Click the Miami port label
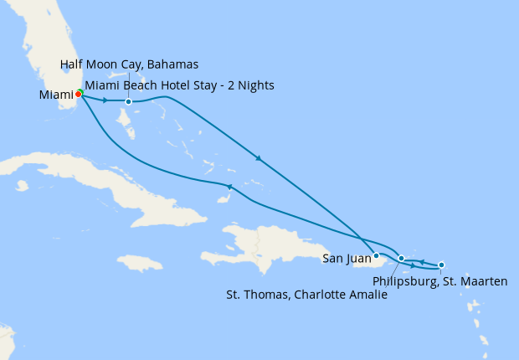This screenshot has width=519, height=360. [x=57, y=95]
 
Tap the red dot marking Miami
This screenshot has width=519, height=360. [x=78, y=94]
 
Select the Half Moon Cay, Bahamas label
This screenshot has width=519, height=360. [x=129, y=65]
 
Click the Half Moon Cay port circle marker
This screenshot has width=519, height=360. [x=128, y=102]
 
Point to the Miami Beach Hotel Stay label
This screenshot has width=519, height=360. [x=179, y=85]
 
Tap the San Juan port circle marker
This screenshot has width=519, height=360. [x=377, y=255]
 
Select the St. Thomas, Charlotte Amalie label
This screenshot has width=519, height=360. [x=307, y=295]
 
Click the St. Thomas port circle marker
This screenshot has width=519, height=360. [x=402, y=258]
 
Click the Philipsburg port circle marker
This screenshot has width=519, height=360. [x=441, y=265]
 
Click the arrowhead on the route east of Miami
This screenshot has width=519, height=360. [x=105, y=100]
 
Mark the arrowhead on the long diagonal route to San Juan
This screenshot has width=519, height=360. [x=259, y=158]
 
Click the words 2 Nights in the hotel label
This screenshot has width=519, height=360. [x=250, y=85]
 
